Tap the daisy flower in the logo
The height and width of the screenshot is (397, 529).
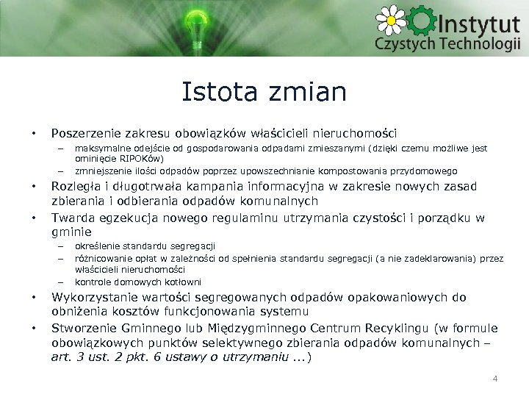390,20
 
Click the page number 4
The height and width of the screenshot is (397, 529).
494,379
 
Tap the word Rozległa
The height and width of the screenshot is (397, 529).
76,185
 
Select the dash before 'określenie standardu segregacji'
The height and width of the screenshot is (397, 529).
62,246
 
